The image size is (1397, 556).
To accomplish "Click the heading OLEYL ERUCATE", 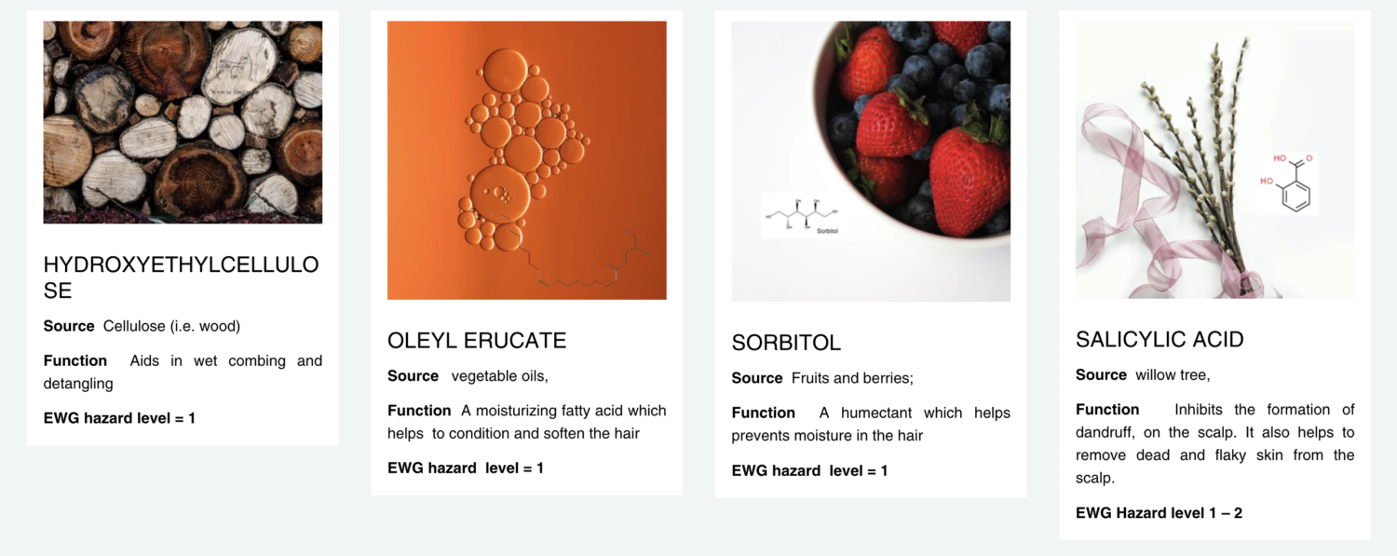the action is point(477,340).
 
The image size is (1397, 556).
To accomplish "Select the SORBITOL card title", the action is point(786,342).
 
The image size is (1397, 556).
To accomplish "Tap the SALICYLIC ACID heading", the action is point(1160,339).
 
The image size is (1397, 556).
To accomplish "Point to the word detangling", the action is point(78,384).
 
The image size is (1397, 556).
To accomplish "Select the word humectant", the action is point(875,413).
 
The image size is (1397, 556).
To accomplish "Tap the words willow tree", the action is point(1171,374).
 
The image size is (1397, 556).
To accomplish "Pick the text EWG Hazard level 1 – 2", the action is point(1159,512).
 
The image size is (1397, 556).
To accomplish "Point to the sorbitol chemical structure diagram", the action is point(803,216).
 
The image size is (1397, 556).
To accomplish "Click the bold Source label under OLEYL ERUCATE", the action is point(413,376).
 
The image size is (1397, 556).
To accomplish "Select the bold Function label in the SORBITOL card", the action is point(763,413).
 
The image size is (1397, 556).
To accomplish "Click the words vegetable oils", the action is point(499,376).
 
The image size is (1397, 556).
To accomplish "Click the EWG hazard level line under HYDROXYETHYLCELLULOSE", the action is point(119,417).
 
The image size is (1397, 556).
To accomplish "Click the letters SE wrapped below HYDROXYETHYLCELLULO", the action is point(58,291).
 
